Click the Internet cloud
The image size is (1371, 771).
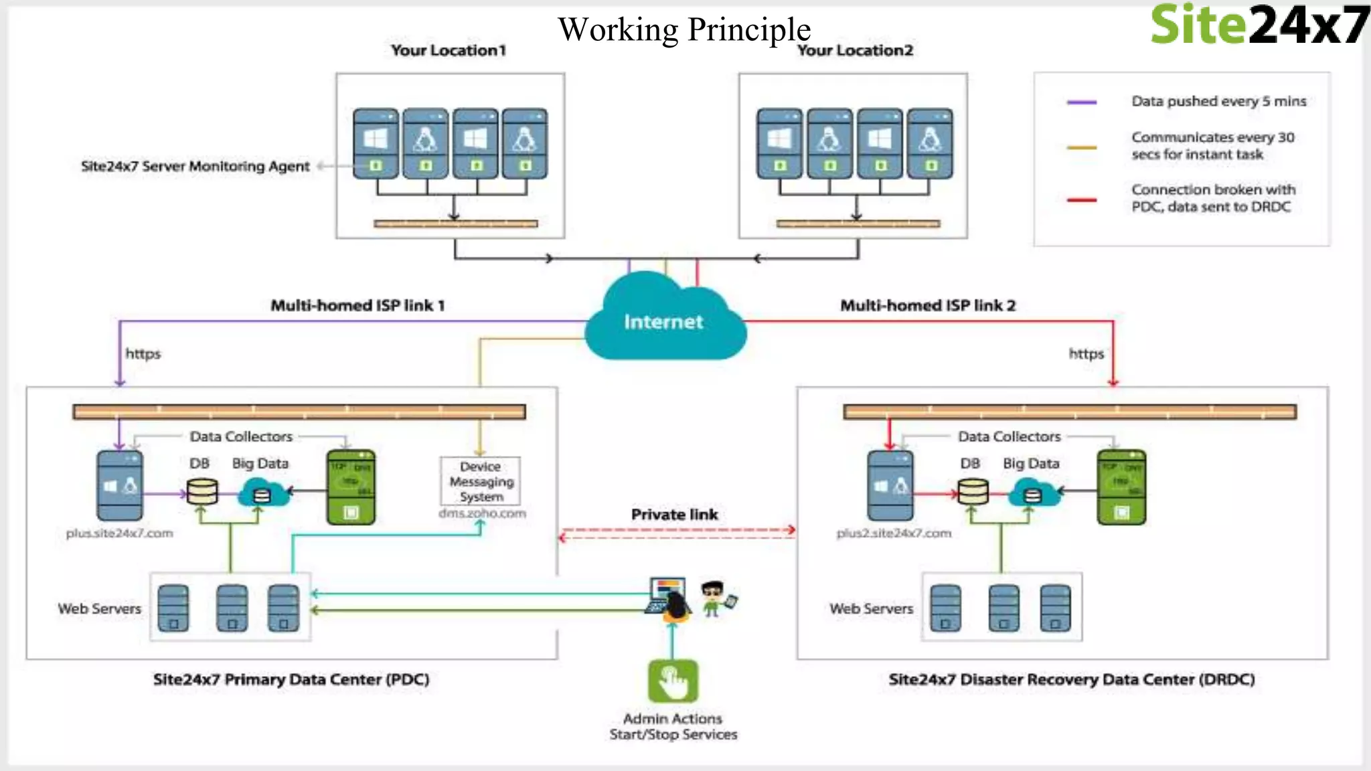tap(664, 320)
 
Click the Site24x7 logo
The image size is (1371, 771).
tap(1259, 25)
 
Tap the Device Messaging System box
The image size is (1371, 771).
tap(481, 481)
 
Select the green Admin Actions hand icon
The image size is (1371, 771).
tap(673, 681)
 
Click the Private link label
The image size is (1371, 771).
tap(674, 515)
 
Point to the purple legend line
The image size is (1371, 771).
tap(1081, 102)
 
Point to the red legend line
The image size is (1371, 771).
tap(1081, 199)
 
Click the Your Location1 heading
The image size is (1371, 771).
tap(449, 51)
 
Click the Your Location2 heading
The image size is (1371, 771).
tap(855, 51)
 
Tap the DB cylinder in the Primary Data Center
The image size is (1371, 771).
tap(202, 493)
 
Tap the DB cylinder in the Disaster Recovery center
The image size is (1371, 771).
tap(973, 493)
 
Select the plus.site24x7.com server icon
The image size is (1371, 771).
tap(120, 486)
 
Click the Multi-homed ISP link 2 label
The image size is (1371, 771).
tap(928, 306)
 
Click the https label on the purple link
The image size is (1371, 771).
tap(143, 354)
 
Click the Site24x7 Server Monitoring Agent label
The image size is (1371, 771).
tap(195, 167)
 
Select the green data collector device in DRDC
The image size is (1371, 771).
tap(1121, 487)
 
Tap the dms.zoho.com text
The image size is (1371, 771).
tap(482, 513)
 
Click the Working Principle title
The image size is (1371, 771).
tap(684, 29)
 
